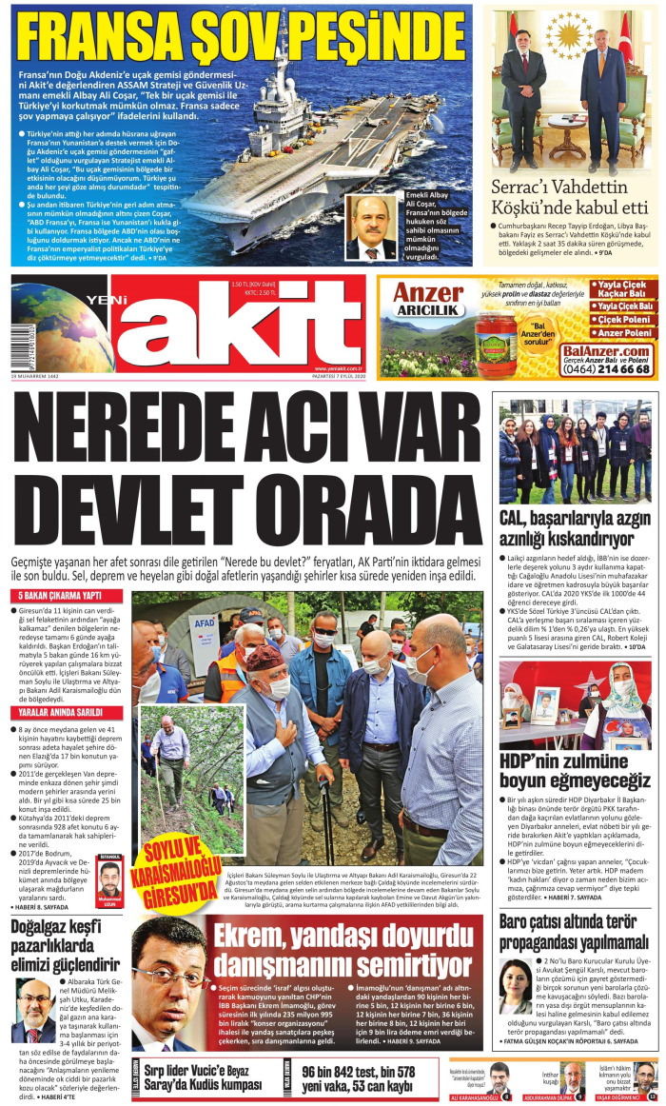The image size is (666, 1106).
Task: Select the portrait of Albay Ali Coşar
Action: pyautogui.click(x=371, y=228)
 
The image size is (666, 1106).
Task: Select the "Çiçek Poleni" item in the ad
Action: pyautogui.click(x=624, y=319)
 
